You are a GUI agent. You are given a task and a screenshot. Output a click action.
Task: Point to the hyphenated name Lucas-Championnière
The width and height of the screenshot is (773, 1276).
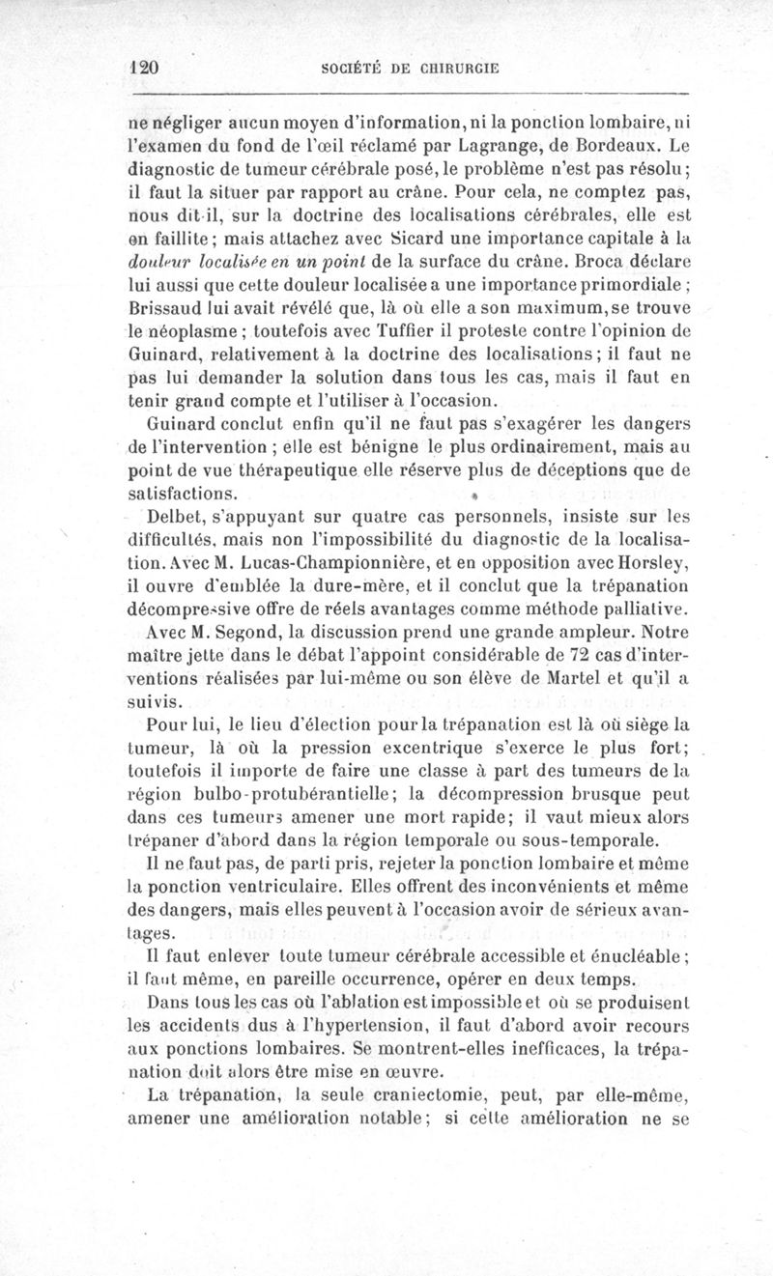coord(318,562)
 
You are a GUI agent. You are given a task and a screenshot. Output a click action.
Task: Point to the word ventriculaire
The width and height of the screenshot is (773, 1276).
coord(252,885)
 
